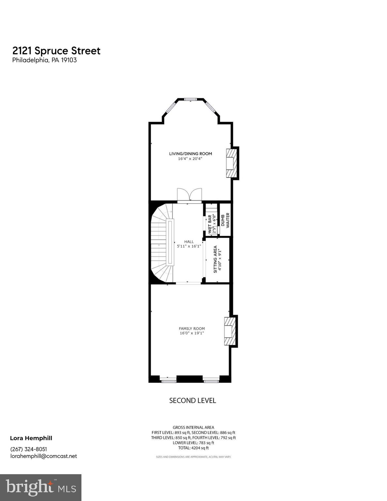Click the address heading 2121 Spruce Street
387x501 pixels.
pos(56,51)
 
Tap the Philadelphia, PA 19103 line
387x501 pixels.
pos(44,60)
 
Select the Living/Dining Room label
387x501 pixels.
pos(190,154)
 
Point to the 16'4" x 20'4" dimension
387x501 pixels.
pos(190,159)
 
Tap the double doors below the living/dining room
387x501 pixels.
pos(189,195)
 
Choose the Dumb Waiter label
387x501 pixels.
pos(225,220)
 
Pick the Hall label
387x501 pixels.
pos(189,242)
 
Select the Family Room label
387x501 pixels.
pos(192,328)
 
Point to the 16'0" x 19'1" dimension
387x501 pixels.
pos(192,333)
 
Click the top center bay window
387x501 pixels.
pos(190,99)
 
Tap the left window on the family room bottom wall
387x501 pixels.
pos(168,380)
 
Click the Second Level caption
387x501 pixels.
pos(192,401)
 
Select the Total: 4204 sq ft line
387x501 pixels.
pos(193,448)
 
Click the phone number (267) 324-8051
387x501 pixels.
pos(29,449)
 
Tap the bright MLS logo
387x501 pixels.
pos(41,487)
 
